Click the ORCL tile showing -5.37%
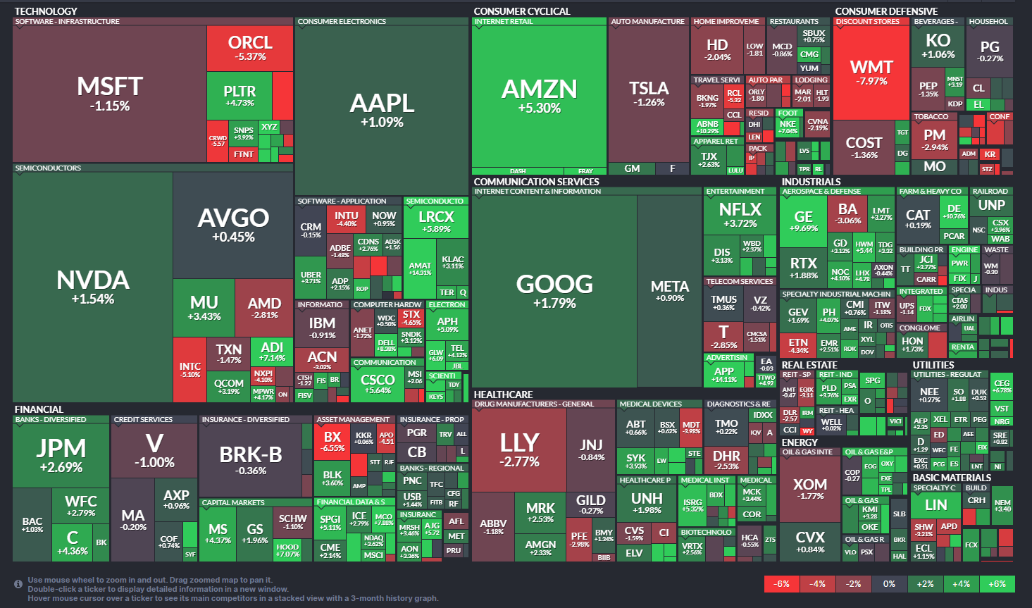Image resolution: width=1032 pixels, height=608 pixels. [250, 48]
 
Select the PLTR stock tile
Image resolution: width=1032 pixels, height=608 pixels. [240, 95]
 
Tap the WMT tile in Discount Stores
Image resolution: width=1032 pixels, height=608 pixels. [871, 72]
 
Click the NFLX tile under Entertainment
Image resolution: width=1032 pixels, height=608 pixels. [740, 214]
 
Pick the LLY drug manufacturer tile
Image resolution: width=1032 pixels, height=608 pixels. [519, 449]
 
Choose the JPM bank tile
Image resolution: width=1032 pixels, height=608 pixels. [61, 454]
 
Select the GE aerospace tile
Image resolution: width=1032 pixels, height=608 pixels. [803, 221]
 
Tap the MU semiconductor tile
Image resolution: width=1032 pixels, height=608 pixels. [204, 308]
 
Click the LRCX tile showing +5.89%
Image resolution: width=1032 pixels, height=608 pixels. [435, 221]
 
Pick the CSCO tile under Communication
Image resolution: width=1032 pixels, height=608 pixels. [377, 384]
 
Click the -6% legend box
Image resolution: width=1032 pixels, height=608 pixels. [781, 584]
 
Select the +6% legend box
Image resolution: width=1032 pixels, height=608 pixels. [997, 584]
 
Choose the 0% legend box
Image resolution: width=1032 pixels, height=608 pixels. [889, 584]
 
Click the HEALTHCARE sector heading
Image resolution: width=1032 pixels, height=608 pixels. [503, 395]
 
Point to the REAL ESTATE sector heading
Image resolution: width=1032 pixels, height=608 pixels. [809, 365]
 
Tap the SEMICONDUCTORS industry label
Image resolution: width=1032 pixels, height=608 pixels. [48, 168]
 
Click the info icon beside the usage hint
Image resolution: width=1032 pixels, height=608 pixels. [18, 584]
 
